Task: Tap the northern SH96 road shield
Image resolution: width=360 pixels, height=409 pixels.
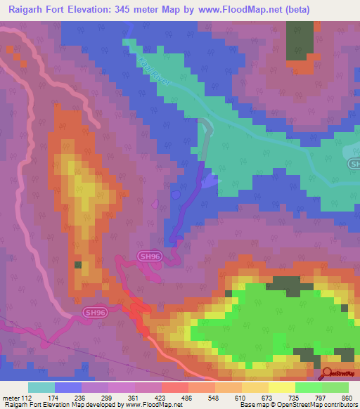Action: click(149, 257)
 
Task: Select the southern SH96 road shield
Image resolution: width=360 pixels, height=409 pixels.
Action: click(95, 312)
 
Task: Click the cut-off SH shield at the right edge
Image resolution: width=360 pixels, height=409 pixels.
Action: click(354, 164)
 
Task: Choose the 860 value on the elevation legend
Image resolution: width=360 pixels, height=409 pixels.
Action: click(345, 398)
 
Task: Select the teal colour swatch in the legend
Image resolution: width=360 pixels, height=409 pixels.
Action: click(41, 388)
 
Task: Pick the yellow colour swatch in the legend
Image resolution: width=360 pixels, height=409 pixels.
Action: click(282, 388)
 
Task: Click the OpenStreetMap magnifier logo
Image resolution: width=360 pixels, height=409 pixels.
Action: click(328, 373)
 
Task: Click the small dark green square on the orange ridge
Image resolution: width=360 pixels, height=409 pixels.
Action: click(78, 265)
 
